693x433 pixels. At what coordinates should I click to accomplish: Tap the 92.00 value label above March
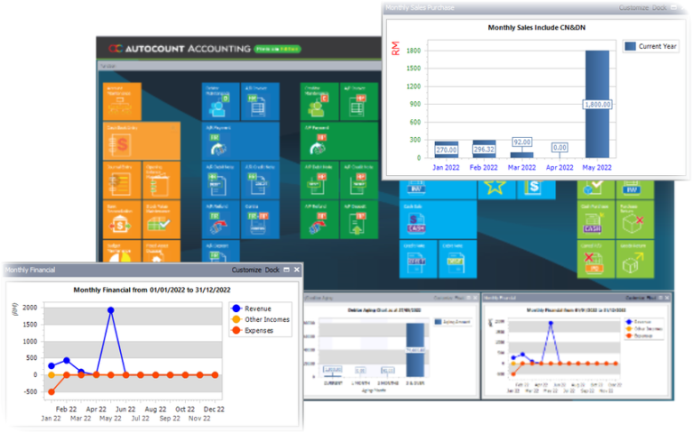coord(522,142)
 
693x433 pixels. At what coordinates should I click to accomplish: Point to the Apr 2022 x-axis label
coord(559,167)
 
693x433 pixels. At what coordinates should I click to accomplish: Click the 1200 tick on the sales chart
coord(412,87)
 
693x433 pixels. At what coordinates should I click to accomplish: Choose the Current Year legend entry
coord(650,46)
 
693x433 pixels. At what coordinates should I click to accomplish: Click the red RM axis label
coord(396,47)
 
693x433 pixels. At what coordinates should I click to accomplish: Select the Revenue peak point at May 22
coord(111,310)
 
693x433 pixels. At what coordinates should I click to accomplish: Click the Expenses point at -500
coord(51,392)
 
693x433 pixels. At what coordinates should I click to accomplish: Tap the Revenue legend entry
coord(256,309)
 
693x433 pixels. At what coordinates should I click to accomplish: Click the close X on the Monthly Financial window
coord(297,270)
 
